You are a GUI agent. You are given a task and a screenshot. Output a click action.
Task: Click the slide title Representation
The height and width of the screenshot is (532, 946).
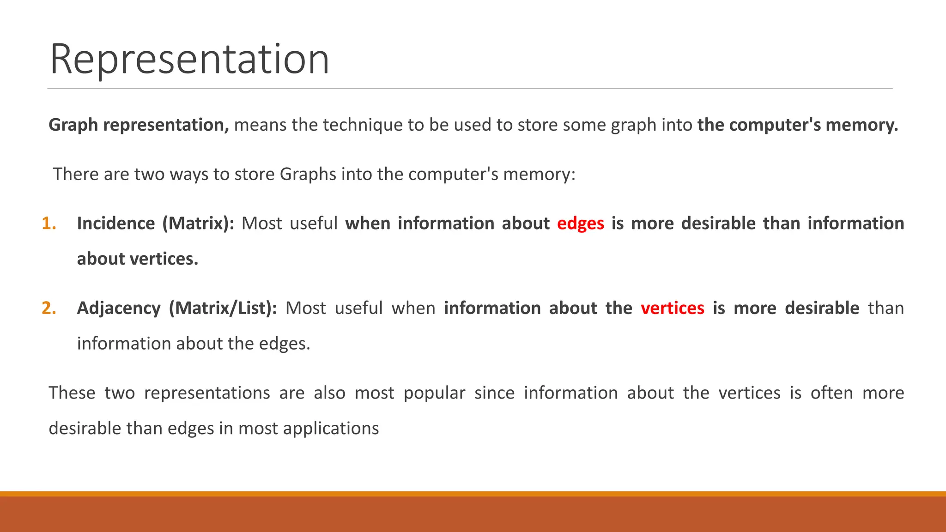coord(189,59)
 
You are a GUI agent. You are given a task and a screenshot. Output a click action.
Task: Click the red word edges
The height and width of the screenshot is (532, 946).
coord(580,224)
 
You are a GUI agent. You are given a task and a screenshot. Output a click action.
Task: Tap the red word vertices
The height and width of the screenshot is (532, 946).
coord(672,308)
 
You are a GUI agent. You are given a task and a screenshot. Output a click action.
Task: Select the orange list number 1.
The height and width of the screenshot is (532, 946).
coord(49,224)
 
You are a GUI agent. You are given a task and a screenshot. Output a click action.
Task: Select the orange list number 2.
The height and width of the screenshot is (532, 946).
coord(49,308)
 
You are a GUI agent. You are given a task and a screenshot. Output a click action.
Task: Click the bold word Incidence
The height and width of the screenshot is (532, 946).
coord(115,224)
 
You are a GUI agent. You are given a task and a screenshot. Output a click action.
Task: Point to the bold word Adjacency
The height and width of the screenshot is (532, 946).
coord(119,308)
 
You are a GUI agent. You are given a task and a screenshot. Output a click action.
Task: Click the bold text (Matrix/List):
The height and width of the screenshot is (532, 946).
coord(223,308)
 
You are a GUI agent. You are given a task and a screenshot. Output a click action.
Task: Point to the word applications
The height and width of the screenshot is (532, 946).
coord(331,429)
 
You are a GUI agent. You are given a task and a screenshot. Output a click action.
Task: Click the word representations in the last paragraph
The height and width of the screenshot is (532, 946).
coord(207,393)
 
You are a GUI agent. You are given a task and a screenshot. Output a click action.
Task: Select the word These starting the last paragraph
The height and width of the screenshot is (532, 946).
coord(72,393)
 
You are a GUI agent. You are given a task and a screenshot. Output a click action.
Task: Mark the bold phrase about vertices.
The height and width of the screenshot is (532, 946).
coord(137,259)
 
